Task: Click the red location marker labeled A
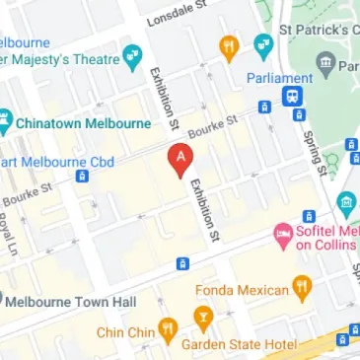point(180,160)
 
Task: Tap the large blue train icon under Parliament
point(293,97)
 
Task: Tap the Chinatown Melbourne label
point(85,123)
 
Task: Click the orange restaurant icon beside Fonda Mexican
point(302,289)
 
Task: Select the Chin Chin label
point(122,332)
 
